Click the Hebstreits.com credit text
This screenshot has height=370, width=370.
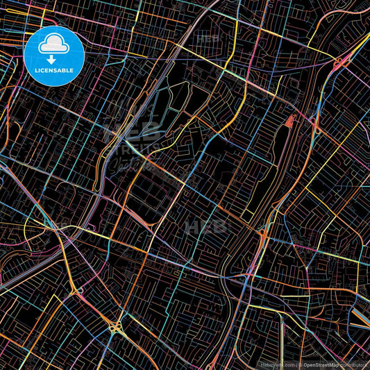(277, 363)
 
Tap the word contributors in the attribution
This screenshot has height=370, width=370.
(355, 363)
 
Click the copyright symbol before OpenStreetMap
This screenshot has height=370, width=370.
(301, 363)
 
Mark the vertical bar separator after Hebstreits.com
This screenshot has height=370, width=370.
(295, 363)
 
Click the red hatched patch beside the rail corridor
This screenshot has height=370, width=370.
(288, 124)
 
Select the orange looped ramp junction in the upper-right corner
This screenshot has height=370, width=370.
(338, 64)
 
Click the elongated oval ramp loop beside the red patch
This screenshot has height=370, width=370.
(314, 125)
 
